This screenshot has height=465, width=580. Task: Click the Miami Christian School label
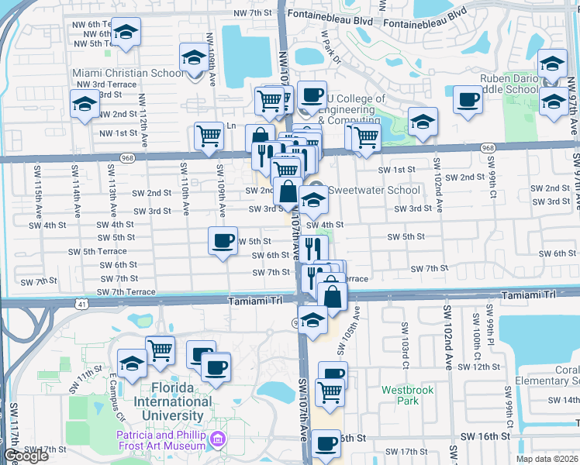[x=129, y=73]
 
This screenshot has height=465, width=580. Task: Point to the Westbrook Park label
[x=400, y=395]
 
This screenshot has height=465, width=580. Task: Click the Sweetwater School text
[x=375, y=190]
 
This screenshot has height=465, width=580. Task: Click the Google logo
[x=26, y=456]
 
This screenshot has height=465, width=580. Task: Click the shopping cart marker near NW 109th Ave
[x=209, y=136]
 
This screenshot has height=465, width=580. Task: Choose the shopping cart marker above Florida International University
[x=160, y=349]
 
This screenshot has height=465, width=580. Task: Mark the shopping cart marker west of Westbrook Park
[x=330, y=393]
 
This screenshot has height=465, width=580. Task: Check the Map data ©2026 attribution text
[x=547, y=459]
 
